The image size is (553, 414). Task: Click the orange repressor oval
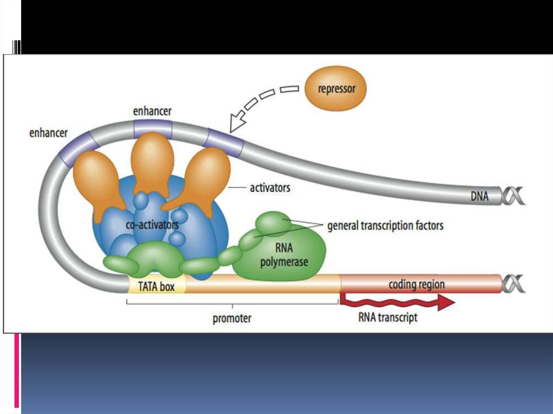[335, 89]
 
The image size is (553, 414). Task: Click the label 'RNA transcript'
[388, 317]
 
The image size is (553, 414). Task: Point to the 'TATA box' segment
[156, 286]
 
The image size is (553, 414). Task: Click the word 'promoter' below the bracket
[232, 318]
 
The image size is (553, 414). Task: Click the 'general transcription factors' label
[385, 225]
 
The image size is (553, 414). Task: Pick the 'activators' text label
[269, 188]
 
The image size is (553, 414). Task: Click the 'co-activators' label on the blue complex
[152, 225]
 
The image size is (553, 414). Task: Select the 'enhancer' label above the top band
[152, 111]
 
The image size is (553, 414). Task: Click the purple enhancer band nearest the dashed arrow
[224, 142]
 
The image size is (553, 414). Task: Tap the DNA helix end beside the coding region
[512, 283]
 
